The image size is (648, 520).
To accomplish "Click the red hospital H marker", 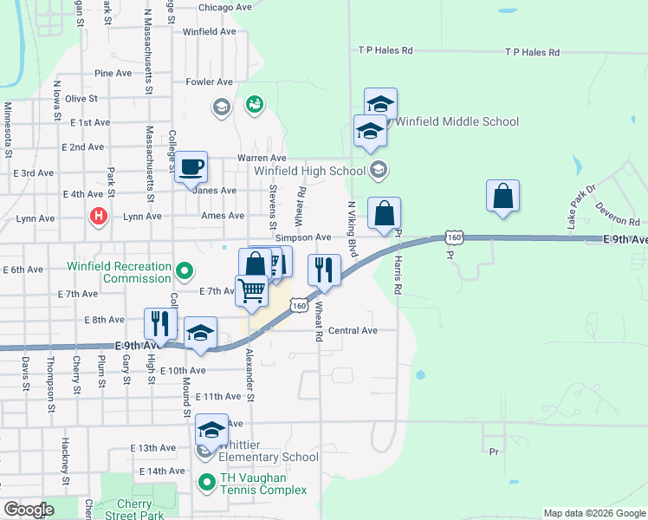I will (x=99, y=216).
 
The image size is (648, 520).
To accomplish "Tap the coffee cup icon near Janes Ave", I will (x=191, y=167).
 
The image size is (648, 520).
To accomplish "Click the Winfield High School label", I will (x=310, y=172).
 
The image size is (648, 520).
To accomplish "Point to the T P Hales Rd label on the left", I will (x=386, y=51).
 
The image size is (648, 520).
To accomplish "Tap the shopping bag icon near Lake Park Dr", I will (x=502, y=198).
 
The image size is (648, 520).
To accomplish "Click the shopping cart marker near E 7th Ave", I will (x=251, y=291).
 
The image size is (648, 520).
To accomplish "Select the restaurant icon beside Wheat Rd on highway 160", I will (x=324, y=270).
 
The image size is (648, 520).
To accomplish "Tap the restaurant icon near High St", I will (x=160, y=324).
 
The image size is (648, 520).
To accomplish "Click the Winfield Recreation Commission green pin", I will (x=184, y=271).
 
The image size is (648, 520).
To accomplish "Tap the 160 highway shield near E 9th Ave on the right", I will (x=454, y=237).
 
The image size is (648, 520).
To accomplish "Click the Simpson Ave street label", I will (x=303, y=237).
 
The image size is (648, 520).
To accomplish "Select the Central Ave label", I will (x=353, y=331).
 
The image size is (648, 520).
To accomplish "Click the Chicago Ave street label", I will (x=224, y=8).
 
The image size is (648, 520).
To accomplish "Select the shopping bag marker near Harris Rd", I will (x=384, y=214).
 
